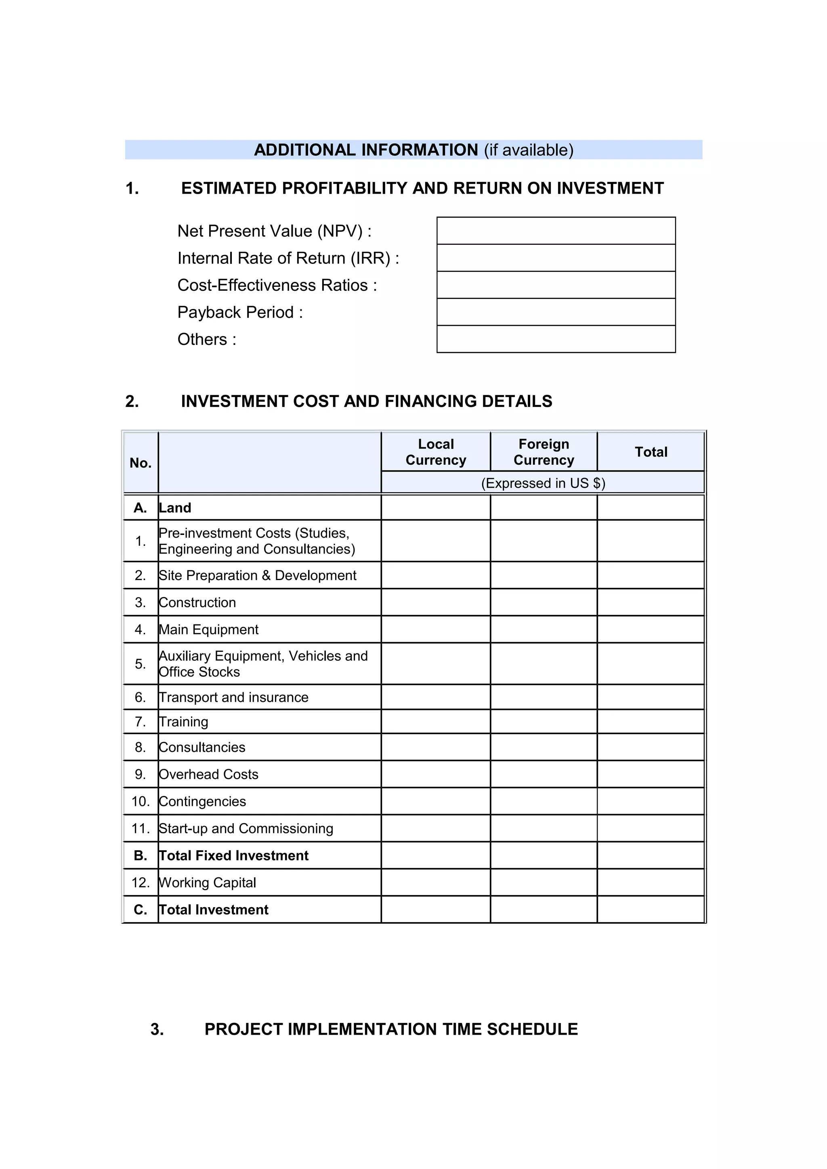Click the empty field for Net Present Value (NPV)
click(556, 231)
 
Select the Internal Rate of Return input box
click(556, 258)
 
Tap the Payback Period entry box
click(556, 311)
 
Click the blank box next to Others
click(556, 338)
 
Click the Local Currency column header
click(436, 452)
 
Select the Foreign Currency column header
click(544, 452)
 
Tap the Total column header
click(651, 452)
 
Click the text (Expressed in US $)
click(543, 483)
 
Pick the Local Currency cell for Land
click(436, 507)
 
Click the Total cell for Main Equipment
click(651, 629)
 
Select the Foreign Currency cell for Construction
click(544, 602)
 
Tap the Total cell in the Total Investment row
click(651, 909)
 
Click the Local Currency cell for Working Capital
click(436, 882)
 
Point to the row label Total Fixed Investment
click(233, 855)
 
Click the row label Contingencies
click(202, 802)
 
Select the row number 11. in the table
click(141, 829)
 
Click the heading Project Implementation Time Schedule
click(391, 1029)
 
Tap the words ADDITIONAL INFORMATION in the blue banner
click(366, 150)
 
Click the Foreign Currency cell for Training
click(544, 722)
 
